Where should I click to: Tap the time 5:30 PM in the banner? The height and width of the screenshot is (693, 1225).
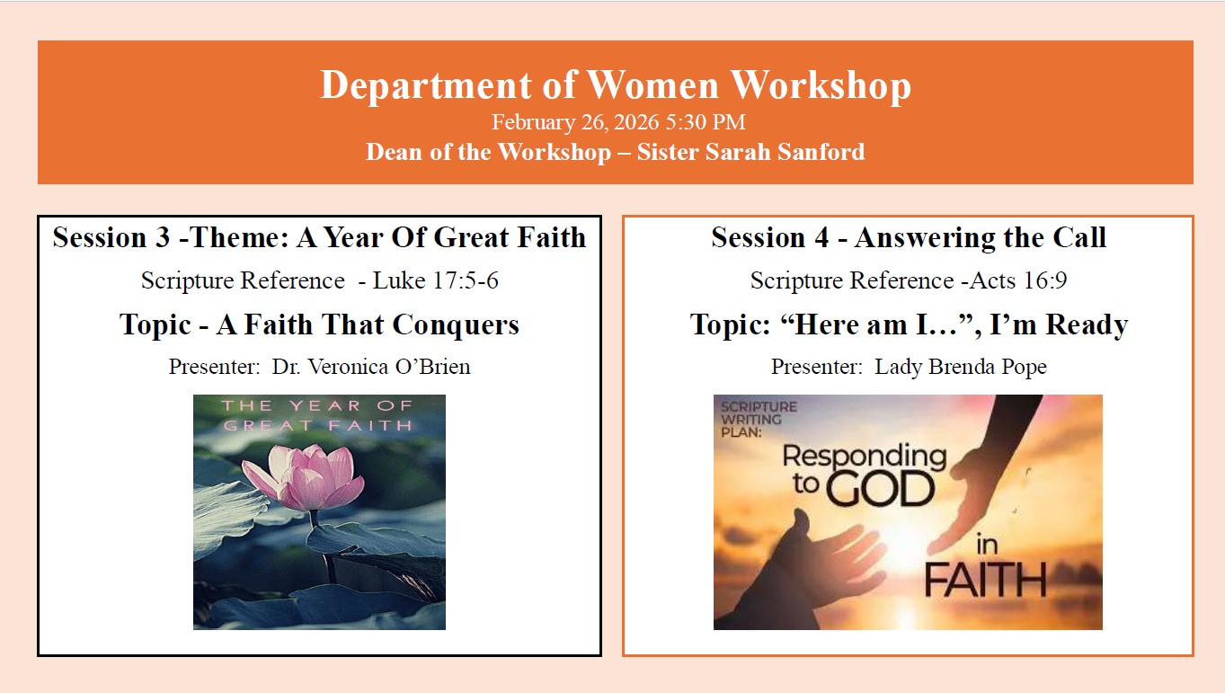(x=706, y=122)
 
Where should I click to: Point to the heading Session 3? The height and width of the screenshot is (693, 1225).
(x=111, y=237)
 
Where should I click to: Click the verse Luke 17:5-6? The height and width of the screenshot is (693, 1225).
(x=435, y=280)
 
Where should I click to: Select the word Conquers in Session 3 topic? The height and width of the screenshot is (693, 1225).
(x=456, y=324)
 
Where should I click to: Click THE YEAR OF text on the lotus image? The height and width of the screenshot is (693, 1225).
(x=316, y=406)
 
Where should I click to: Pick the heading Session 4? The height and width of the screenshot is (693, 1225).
(x=769, y=237)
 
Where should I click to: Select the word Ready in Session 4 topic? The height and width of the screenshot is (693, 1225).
(x=1087, y=324)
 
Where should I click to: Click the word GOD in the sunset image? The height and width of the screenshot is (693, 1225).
(x=879, y=489)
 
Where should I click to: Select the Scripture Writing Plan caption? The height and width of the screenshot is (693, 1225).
(x=759, y=420)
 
